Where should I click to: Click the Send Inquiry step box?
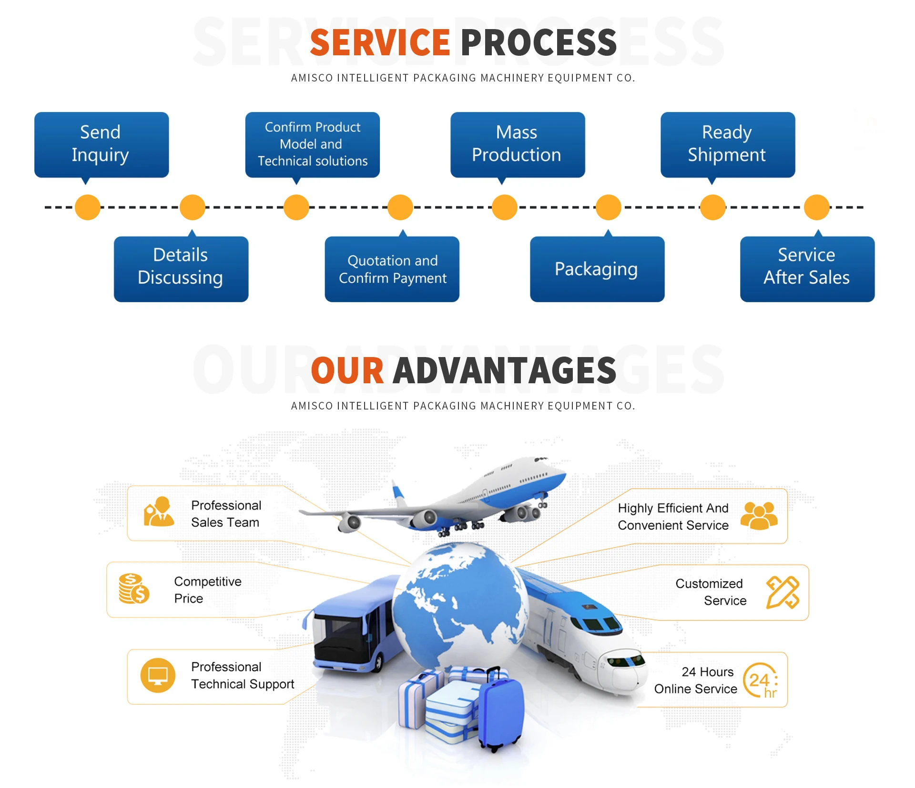(101, 144)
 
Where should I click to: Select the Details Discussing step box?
(181, 268)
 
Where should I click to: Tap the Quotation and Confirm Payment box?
(392, 269)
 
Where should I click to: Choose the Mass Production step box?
(517, 144)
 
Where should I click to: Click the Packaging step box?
(597, 269)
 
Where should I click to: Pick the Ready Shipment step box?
(727, 144)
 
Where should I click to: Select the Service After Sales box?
(807, 268)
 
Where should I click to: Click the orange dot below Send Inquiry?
(88, 207)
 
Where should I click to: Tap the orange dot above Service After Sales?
(816, 207)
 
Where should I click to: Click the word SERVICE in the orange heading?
(380, 43)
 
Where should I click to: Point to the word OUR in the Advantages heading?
(347, 371)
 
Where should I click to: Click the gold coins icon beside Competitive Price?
(133, 589)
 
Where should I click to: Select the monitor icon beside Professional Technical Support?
(158, 675)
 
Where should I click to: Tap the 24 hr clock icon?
(761, 680)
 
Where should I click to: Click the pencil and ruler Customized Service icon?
(782, 592)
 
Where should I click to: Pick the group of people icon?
(759, 516)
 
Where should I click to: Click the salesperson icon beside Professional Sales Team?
(159, 512)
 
